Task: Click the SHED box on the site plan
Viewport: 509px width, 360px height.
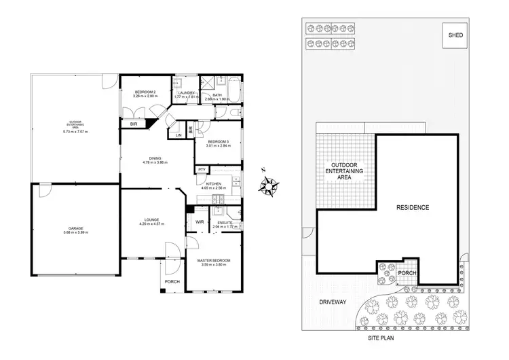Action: tap(453, 35)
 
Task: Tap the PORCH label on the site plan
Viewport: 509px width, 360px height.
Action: tap(407, 273)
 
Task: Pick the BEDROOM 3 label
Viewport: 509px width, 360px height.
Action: tap(218, 142)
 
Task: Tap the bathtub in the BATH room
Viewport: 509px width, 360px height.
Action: tap(234, 89)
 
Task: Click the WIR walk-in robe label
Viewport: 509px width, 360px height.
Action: tap(200, 221)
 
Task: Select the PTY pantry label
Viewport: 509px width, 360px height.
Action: tap(202, 170)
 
